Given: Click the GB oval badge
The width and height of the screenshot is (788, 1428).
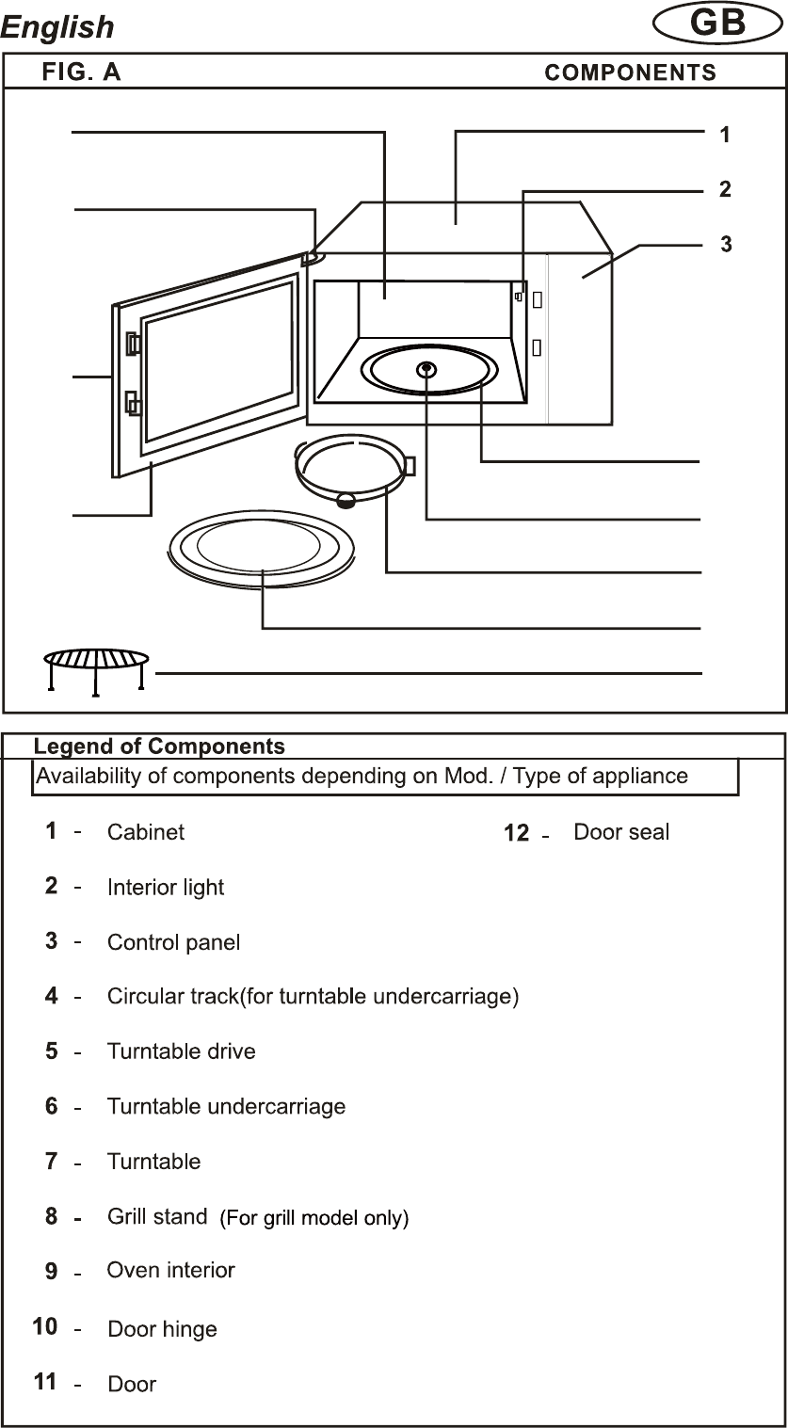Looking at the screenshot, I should tap(717, 24).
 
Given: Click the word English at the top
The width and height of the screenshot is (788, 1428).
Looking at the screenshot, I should tap(57, 27).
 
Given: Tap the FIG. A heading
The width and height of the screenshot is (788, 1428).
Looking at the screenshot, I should tap(81, 72).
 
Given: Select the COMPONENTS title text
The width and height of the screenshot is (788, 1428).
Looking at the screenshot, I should tap(630, 73).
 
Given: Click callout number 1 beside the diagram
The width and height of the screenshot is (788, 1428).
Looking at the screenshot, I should tap(725, 135).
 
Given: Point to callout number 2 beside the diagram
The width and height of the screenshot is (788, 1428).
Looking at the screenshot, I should tap(725, 189).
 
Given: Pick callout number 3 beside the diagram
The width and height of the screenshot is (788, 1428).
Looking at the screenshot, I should tap(726, 244).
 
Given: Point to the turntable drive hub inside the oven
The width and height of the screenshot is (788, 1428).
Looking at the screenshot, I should tap(427, 368).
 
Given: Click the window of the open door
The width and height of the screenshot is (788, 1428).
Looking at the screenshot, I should tap(219, 359).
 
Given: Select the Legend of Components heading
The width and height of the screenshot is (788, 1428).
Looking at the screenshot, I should tap(159, 746).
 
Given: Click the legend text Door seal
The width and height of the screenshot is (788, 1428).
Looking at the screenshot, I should tap(621, 832).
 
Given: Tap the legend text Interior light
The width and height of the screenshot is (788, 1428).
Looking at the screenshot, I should tap(166, 888).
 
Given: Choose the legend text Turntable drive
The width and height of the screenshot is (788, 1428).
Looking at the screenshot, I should tap(181, 1051).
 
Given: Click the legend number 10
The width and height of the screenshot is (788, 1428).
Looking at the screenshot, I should tap(45, 1326).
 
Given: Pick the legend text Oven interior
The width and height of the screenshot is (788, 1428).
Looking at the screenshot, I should tap(170, 1271).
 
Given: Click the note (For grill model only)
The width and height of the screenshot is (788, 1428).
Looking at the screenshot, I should tap(314, 1218).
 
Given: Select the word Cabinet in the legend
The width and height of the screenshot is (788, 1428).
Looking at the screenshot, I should tap(146, 832).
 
